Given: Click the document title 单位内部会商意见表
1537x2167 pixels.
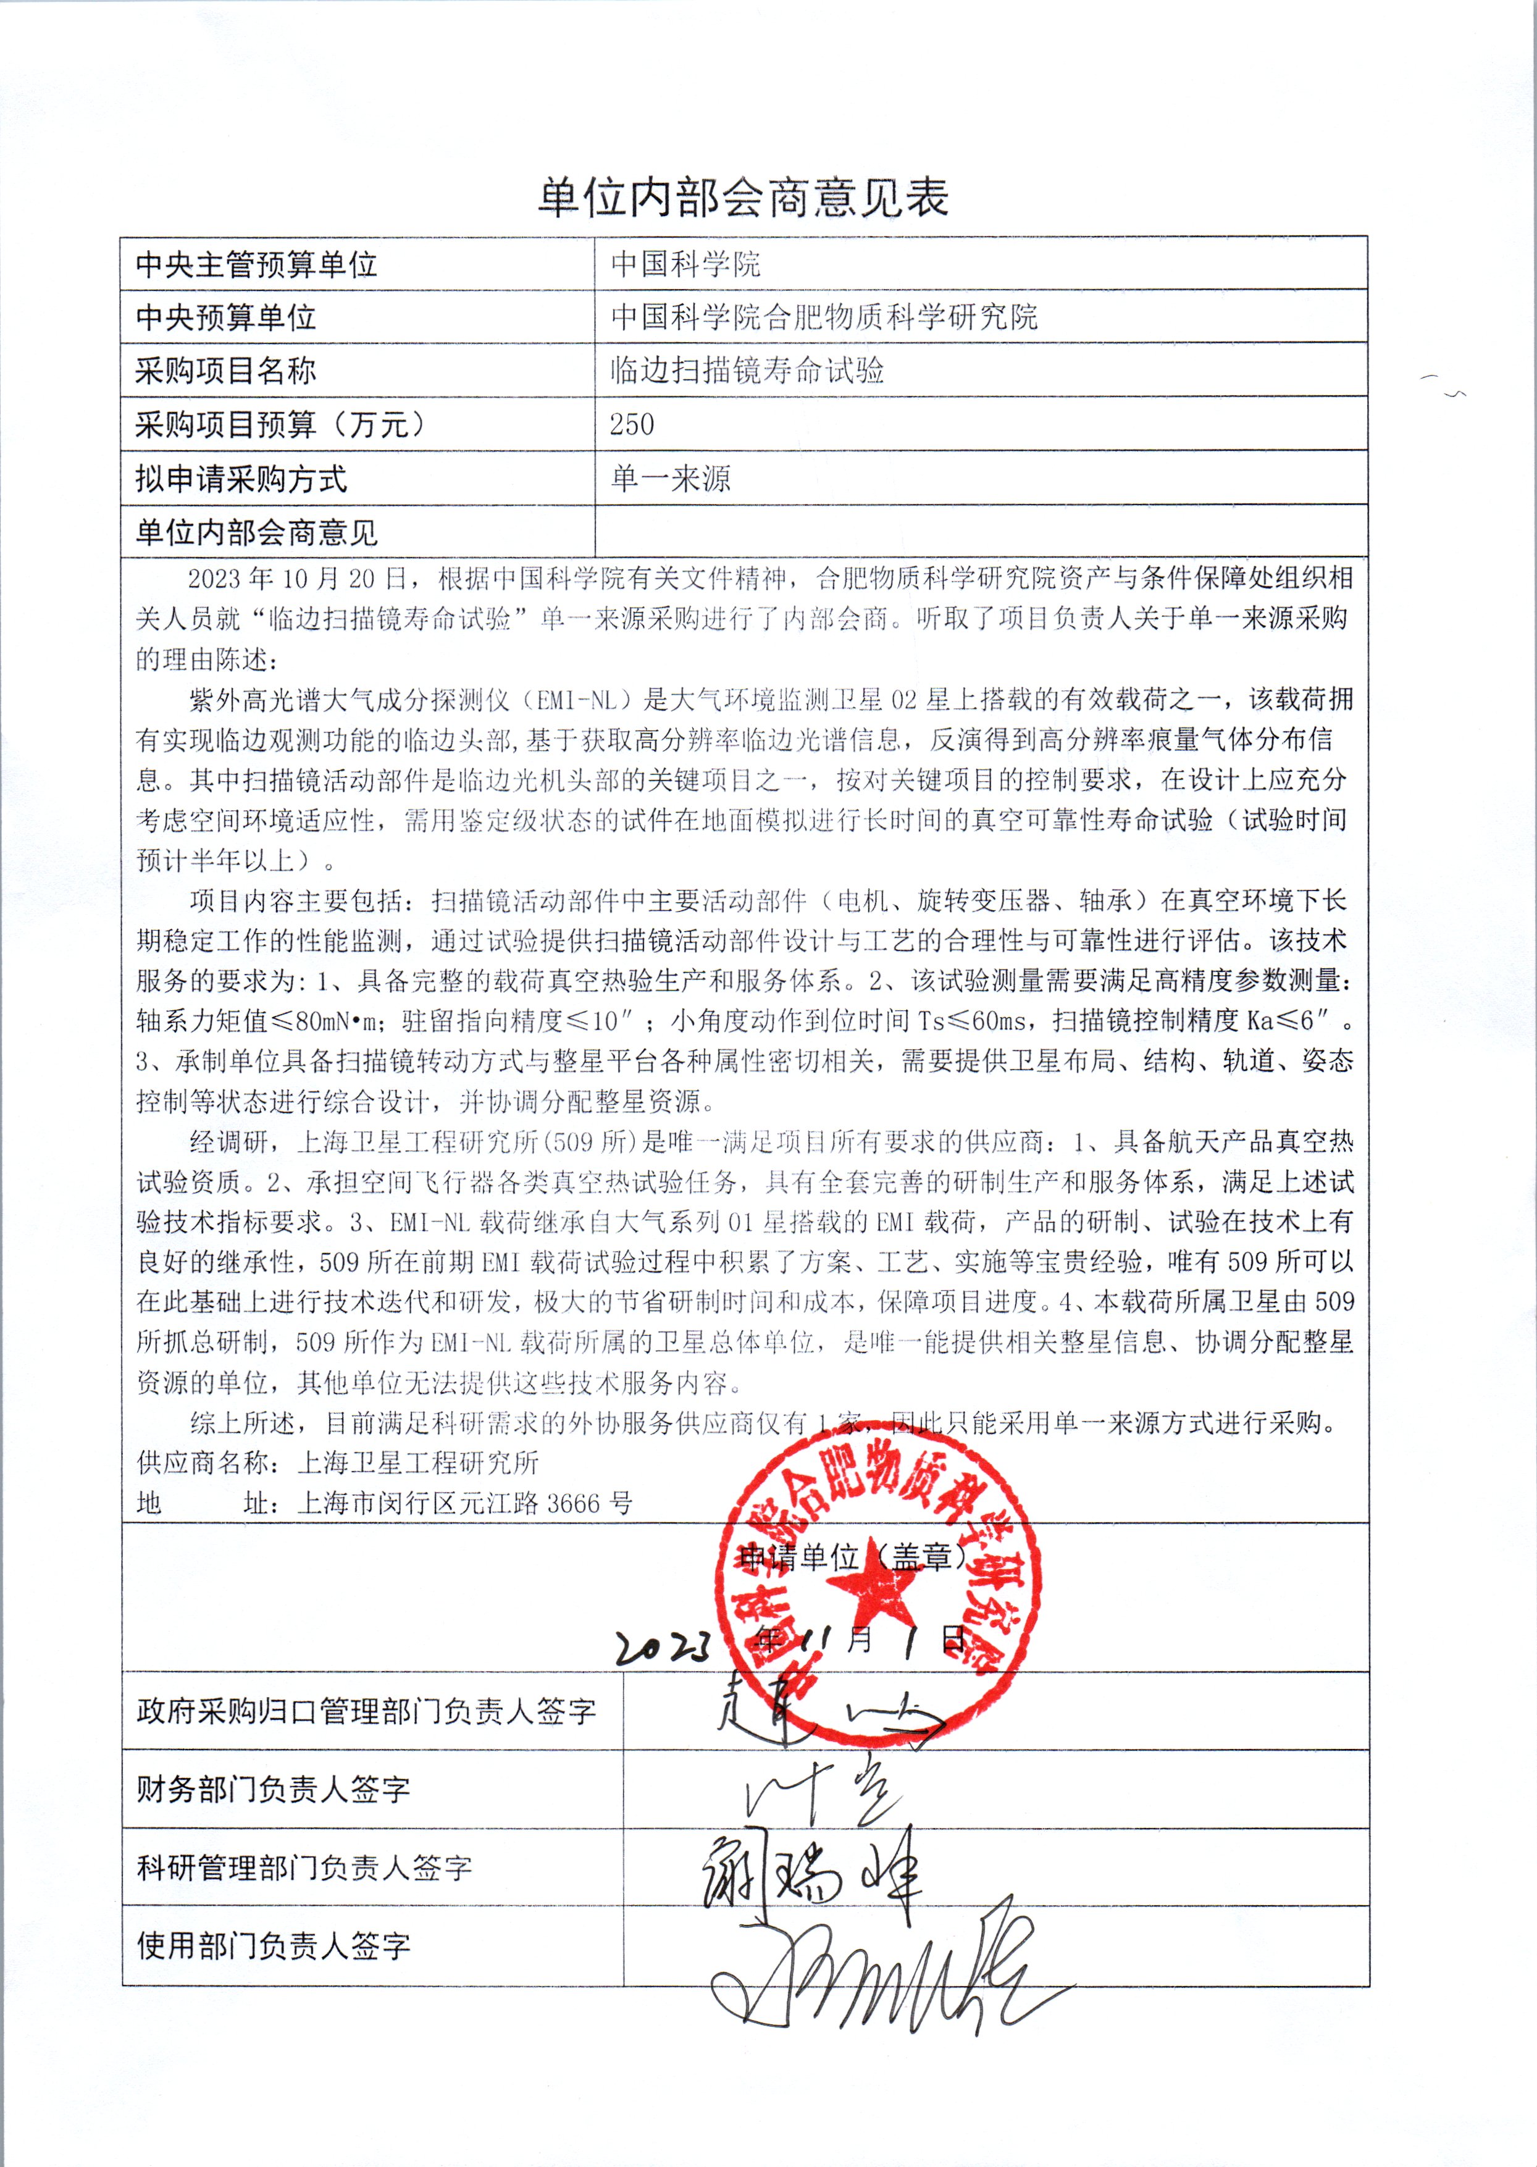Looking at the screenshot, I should pos(743,198).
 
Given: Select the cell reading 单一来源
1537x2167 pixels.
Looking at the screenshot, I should pos(671,478).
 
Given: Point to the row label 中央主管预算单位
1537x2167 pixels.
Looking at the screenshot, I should pos(256,264).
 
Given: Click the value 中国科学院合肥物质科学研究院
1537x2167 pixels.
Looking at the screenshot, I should pos(823,316).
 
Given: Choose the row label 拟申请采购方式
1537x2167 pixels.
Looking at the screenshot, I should pos(241,479).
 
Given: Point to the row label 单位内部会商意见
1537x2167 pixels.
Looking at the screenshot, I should pos(256,533).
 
